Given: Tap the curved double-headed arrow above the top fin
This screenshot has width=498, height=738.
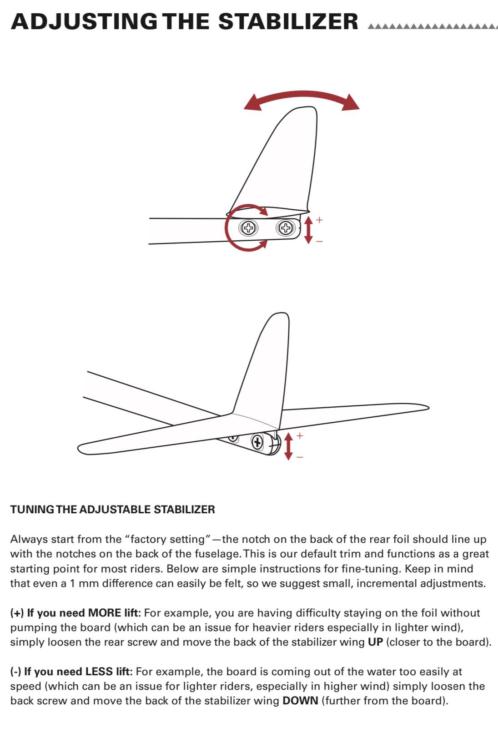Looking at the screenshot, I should pyautogui.click(x=302, y=98).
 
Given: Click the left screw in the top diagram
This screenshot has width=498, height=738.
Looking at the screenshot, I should pyautogui.click(x=249, y=227).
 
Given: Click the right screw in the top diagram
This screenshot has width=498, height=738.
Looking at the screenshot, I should pyautogui.click(x=286, y=227).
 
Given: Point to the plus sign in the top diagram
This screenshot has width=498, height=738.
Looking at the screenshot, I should pyautogui.click(x=320, y=220).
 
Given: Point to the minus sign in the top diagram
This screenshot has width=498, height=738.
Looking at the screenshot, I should pyautogui.click(x=319, y=241).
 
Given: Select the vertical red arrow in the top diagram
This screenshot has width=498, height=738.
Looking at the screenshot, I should pyautogui.click(x=308, y=230).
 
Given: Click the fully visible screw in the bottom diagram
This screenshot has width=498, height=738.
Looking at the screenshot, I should pyautogui.click(x=257, y=442).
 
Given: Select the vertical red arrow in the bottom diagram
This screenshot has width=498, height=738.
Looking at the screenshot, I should pyautogui.click(x=288, y=446).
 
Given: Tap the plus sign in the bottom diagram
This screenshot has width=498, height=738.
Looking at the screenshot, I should pyautogui.click(x=300, y=435).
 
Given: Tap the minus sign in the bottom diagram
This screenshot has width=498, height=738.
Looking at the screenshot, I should pyautogui.click(x=300, y=457).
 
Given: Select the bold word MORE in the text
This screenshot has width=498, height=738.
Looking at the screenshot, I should pyautogui.click(x=105, y=613).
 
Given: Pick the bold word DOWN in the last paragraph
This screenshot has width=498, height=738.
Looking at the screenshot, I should pyautogui.click(x=300, y=701).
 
